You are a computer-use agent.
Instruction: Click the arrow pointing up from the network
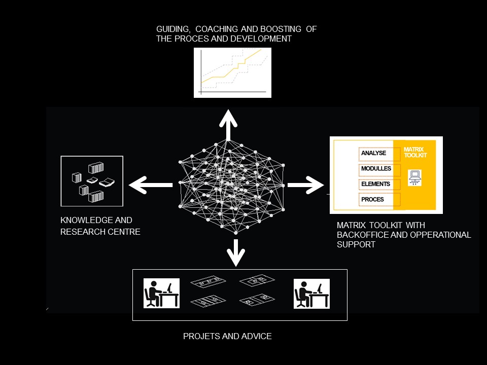click(x=228, y=124)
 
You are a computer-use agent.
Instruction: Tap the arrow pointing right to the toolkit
click(x=305, y=185)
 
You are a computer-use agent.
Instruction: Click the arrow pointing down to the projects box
click(x=234, y=251)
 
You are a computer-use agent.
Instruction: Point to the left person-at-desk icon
click(x=161, y=294)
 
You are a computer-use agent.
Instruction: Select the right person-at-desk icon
click(x=311, y=294)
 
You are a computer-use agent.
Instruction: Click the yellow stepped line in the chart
click(x=231, y=71)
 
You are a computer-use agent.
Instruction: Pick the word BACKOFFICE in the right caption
click(x=361, y=235)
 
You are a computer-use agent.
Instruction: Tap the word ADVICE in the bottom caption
click(x=258, y=336)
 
